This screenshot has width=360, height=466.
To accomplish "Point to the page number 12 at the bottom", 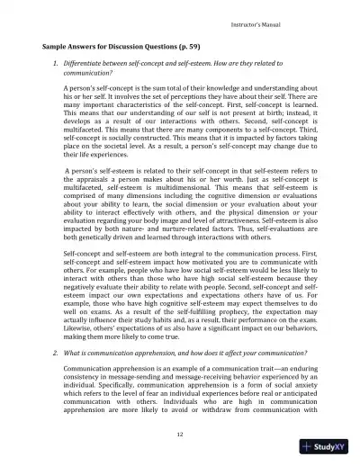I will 179,435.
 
